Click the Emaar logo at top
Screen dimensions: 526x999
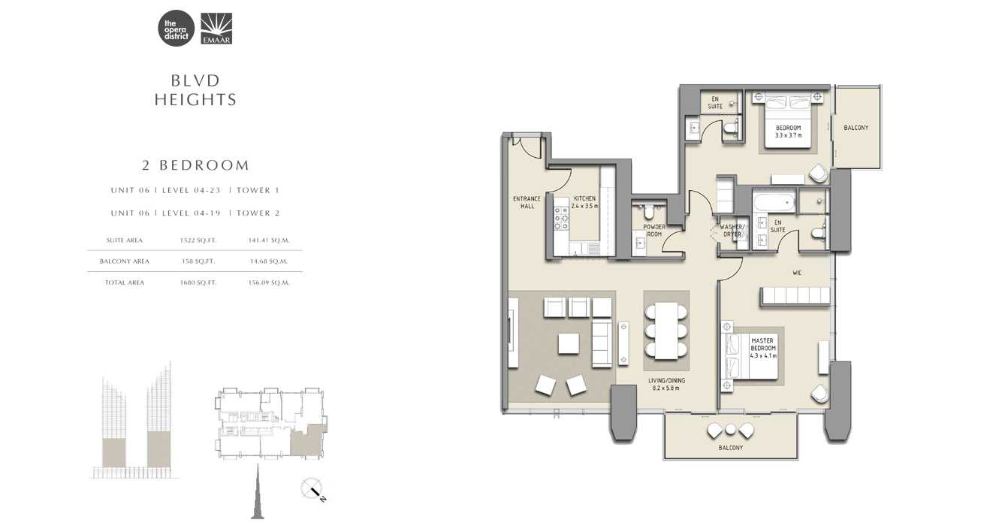click(x=216, y=29)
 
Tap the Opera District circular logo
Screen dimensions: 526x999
click(x=176, y=29)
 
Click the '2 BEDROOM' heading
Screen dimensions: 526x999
click(x=196, y=165)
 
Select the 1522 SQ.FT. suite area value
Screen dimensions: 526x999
click(x=198, y=240)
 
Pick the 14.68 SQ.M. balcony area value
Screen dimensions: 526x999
click(x=268, y=261)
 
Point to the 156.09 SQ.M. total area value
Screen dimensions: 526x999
click(x=268, y=283)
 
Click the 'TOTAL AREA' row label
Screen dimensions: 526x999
click(x=124, y=283)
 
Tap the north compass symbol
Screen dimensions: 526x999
click(x=312, y=490)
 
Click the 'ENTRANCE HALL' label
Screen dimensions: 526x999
click(x=527, y=202)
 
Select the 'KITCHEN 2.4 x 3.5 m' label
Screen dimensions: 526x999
click(x=584, y=202)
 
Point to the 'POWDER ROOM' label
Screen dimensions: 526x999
click(x=654, y=230)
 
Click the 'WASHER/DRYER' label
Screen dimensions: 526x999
click(x=732, y=230)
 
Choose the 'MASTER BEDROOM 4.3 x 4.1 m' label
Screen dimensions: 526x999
click(x=763, y=349)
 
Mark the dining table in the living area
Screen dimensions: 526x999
click(x=665, y=331)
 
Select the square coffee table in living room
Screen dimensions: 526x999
click(x=569, y=343)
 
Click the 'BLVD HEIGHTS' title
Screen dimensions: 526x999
click(x=195, y=90)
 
